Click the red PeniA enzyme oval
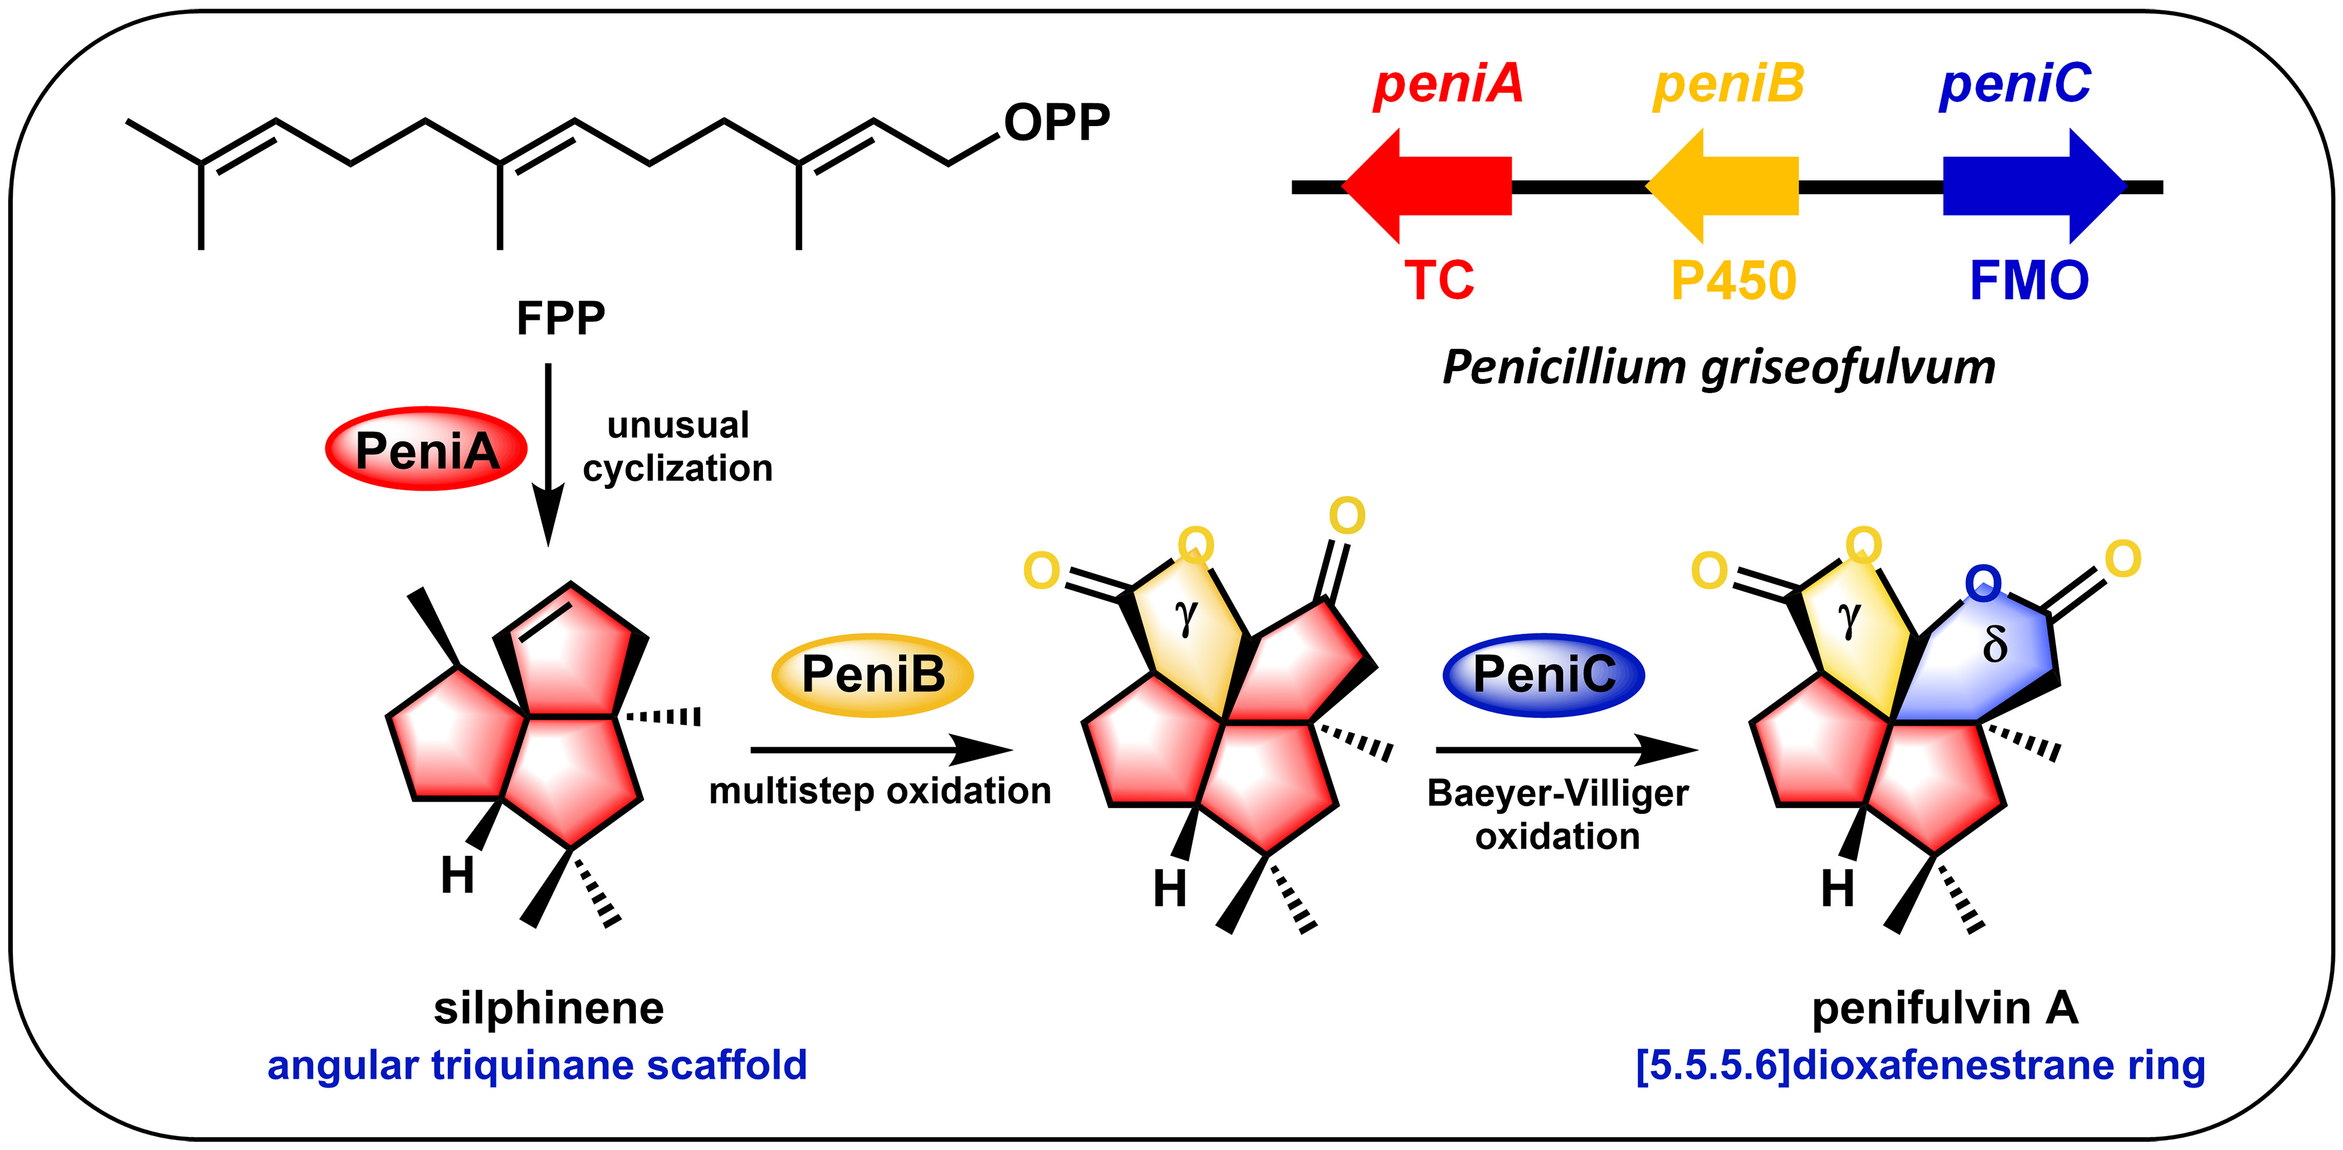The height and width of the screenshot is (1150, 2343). [x=426, y=449]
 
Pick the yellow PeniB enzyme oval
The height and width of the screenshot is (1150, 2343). [x=872, y=675]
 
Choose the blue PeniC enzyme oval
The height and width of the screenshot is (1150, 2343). [x=1544, y=675]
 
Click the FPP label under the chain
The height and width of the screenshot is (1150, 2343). [x=560, y=319]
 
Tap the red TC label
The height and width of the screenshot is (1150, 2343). [x=1439, y=280]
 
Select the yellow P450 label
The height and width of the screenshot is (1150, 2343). [x=1733, y=280]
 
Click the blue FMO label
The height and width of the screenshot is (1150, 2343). [x=2029, y=280]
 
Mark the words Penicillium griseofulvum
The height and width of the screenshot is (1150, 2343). [x=1719, y=368]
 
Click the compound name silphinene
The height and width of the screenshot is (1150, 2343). [x=548, y=1008]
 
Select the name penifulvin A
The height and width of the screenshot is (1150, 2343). [x=1945, y=1008]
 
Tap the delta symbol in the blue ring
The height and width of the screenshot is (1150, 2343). [x=1995, y=645]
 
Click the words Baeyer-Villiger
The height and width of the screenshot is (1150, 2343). [x=1557, y=794]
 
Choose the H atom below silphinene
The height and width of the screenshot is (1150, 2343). [x=457, y=876]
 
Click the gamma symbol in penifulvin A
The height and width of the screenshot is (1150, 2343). [x=1849, y=618]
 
